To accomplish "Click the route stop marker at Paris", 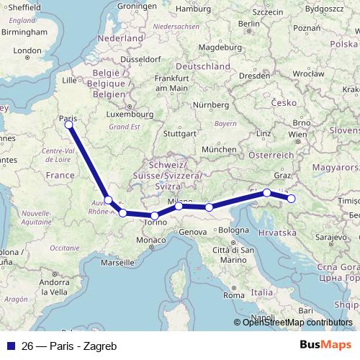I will click(69, 125).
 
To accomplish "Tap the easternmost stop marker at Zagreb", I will click(292, 198).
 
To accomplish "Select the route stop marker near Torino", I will click(154, 215).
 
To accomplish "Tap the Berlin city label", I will click(248, 23).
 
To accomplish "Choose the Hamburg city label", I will click(193, 9).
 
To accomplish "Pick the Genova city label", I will click(193, 233).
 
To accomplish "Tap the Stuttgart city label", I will click(179, 133).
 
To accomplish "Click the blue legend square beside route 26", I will click(10, 345).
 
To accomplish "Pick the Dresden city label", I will click(256, 74).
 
